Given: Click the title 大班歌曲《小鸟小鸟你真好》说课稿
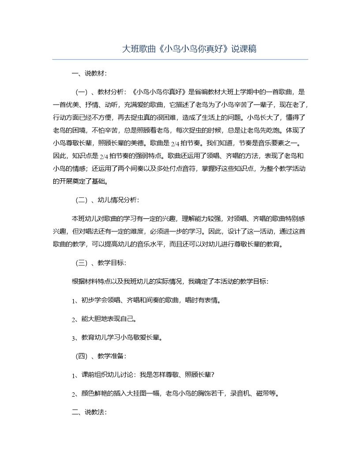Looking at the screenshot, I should click(x=189, y=49).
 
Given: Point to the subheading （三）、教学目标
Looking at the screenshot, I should click(x=101, y=263).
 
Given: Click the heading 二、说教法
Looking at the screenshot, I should click(x=89, y=412).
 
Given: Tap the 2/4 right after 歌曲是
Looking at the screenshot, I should click(x=175, y=143).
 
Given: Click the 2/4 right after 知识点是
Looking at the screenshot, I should click(x=105, y=156).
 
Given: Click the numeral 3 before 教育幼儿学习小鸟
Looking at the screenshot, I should click(x=73, y=338).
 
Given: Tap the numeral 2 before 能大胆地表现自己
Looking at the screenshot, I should click(x=73, y=319).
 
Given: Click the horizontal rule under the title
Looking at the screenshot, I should click(x=180, y=59).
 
